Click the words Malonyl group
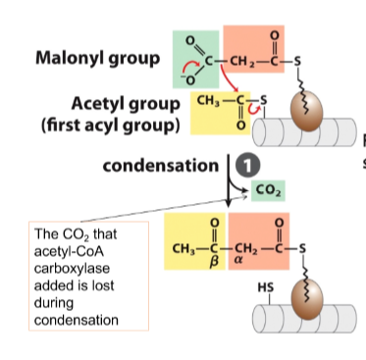[x=97, y=59]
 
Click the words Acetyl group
[x=126, y=104]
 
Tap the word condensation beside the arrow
[x=160, y=166]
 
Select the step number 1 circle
[x=247, y=166]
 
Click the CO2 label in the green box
[x=268, y=190]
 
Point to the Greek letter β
[x=214, y=262]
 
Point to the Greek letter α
[x=238, y=262]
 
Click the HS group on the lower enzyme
[x=266, y=287]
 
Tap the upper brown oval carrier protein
[x=307, y=111]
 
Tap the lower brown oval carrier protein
[x=307, y=299]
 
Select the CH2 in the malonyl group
[x=242, y=61]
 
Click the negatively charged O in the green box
[x=188, y=79]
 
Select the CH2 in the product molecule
[x=246, y=249]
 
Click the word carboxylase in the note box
[x=72, y=269]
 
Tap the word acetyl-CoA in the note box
[x=69, y=251]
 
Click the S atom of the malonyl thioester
[x=297, y=61]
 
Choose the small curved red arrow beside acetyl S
[x=254, y=109]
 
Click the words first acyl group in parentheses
[x=111, y=126]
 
